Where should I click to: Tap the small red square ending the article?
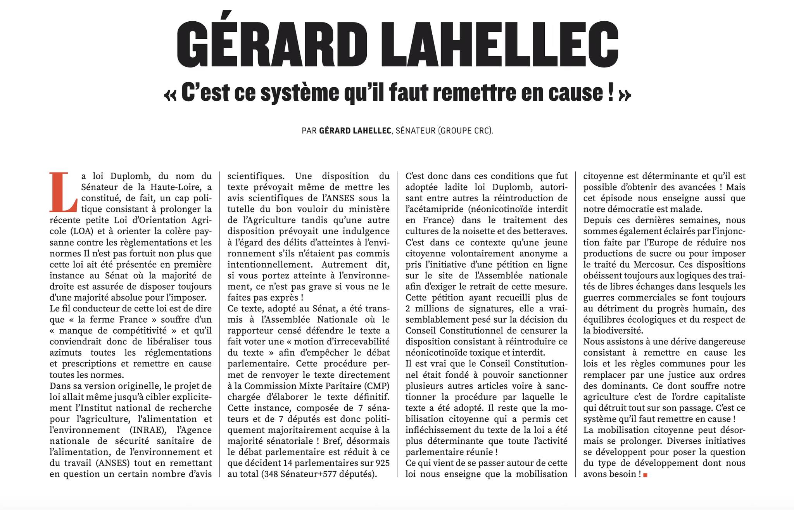(x=645, y=475)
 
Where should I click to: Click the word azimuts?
(x=66, y=353)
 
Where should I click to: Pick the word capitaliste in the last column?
(x=724, y=397)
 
